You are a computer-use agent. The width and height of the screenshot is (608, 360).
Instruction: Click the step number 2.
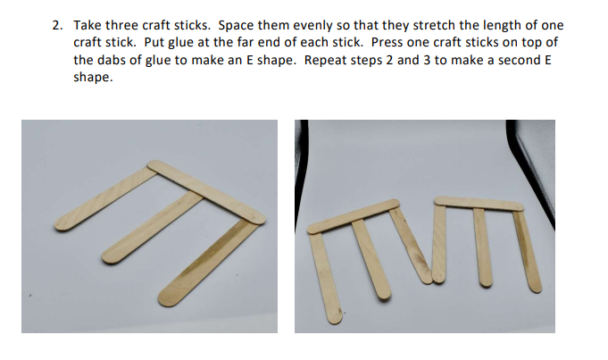[57, 26]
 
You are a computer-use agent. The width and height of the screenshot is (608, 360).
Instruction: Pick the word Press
[387, 42]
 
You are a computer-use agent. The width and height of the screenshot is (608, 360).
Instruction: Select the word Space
[236, 26]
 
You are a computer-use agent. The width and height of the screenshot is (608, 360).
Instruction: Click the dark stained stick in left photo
[208, 263]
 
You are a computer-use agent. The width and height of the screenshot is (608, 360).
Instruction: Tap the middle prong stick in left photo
[153, 228]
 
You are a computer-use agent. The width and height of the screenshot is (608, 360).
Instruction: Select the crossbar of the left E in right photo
[354, 216]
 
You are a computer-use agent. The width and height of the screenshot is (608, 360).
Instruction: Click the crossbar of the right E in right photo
[479, 204]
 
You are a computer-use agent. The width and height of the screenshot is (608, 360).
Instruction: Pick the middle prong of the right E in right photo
[482, 247]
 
